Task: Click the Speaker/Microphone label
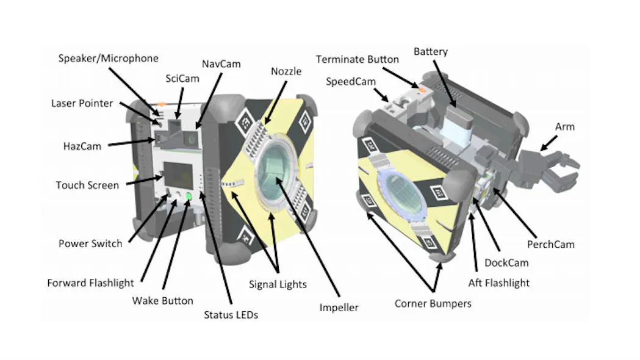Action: point(108,59)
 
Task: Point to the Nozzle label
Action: point(286,71)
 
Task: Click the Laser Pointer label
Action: point(82,103)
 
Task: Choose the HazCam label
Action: point(82,146)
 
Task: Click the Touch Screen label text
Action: point(87,185)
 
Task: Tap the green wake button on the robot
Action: point(189,196)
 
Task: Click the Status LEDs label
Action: point(231,315)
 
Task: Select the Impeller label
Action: point(339,308)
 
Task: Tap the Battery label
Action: point(431,51)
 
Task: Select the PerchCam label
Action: point(551,244)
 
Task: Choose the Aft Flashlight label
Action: point(498,283)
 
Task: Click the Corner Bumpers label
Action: point(433,303)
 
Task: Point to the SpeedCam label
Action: point(351,81)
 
